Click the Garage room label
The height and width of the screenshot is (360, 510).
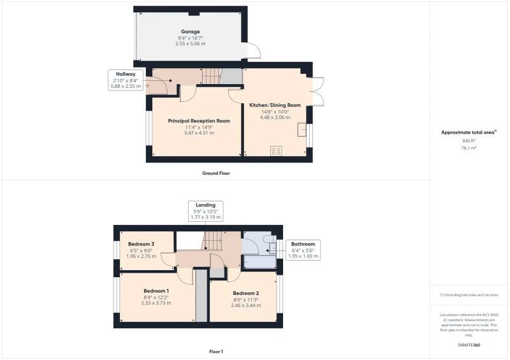[190, 31]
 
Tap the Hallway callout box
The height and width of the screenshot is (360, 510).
[126, 80]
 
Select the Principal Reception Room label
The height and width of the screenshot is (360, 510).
[199, 120]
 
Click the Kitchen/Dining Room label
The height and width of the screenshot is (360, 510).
[275, 105]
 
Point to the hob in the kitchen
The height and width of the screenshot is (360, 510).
[276, 151]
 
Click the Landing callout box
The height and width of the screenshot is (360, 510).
[206, 211]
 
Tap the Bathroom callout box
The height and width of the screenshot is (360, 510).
[303, 250]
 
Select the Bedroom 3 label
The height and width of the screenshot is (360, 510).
[141, 244]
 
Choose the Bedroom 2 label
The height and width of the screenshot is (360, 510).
[245, 293]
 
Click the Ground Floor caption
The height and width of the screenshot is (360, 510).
[215, 173]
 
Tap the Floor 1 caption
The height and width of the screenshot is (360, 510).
[215, 352]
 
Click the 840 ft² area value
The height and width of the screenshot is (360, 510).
[469, 140]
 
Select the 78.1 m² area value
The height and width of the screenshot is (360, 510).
[469, 147]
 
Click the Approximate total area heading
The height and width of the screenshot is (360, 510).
[469, 133]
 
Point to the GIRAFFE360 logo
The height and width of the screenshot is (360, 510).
[469, 345]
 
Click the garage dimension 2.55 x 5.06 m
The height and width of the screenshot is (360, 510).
[190, 43]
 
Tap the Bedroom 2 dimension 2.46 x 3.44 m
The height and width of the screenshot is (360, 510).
[245, 305]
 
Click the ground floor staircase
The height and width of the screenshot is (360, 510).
[212, 77]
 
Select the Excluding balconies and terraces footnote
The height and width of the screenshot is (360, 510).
[469, 295]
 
